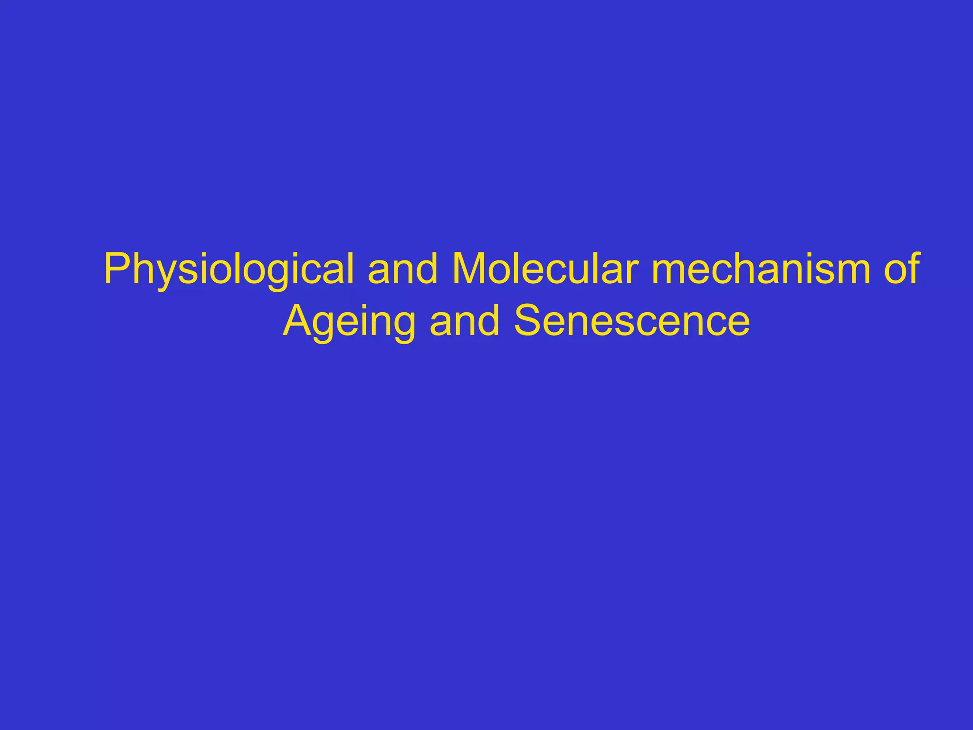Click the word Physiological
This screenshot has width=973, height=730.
[x=229, y=270]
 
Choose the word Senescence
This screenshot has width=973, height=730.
[x=632, y=321]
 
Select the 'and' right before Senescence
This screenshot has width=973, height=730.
[x=465, y=321]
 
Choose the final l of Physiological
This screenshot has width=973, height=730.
[x=351, y=269]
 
